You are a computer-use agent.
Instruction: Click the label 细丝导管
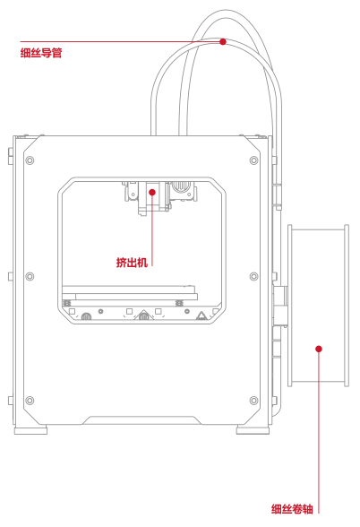click(x=41, y=53)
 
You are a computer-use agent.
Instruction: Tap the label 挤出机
click(x=132, y=262)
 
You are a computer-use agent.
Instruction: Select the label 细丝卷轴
click(x=292, y=509)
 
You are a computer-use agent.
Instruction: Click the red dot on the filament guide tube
click(x=223, y=41)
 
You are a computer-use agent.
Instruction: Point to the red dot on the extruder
click(x=152, y=192)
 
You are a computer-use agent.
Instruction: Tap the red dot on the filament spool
click(x=319, y=349)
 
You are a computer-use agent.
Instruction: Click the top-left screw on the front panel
click(x=30, y=160)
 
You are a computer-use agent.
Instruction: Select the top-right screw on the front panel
click(x=254, y=160)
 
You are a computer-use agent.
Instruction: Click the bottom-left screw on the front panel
click(x=30, y=401)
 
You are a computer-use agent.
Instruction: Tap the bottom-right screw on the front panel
click(x=254, y=401)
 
